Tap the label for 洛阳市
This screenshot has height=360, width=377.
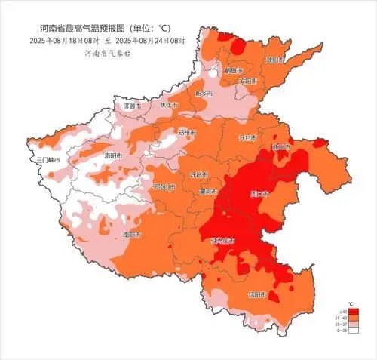113,155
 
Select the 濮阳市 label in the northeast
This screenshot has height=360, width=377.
277,58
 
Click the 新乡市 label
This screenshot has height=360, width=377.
204,93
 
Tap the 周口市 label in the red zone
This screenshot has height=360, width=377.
259,194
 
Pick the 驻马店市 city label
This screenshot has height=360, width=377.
222,240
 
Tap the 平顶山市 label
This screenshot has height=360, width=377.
164,186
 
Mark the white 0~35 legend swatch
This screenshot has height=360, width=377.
352,331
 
